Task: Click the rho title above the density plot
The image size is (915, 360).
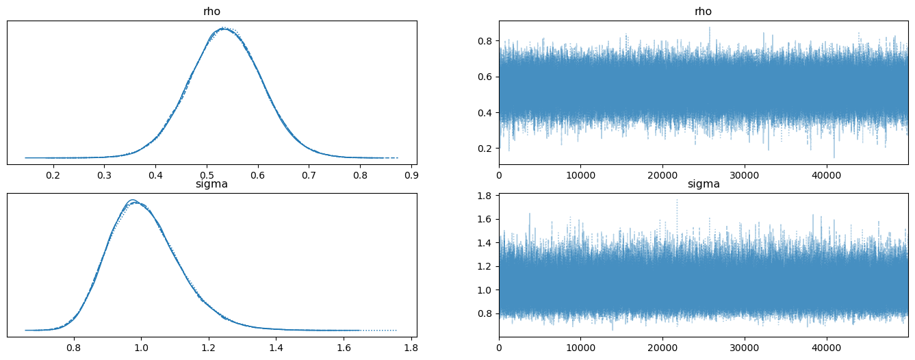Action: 211,12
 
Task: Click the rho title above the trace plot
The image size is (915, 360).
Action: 704,12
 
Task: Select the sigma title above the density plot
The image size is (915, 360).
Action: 211,184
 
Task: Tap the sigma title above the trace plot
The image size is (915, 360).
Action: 704,184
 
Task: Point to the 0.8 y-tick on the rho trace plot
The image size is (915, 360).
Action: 487,41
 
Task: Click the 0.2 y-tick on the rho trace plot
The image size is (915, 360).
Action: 487,148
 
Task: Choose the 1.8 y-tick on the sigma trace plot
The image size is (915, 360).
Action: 487,196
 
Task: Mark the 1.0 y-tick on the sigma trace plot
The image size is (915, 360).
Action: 487,290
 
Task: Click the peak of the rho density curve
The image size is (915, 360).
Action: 224,29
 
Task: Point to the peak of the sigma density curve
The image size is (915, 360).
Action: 133,201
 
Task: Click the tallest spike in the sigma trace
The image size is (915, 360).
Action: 677,200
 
